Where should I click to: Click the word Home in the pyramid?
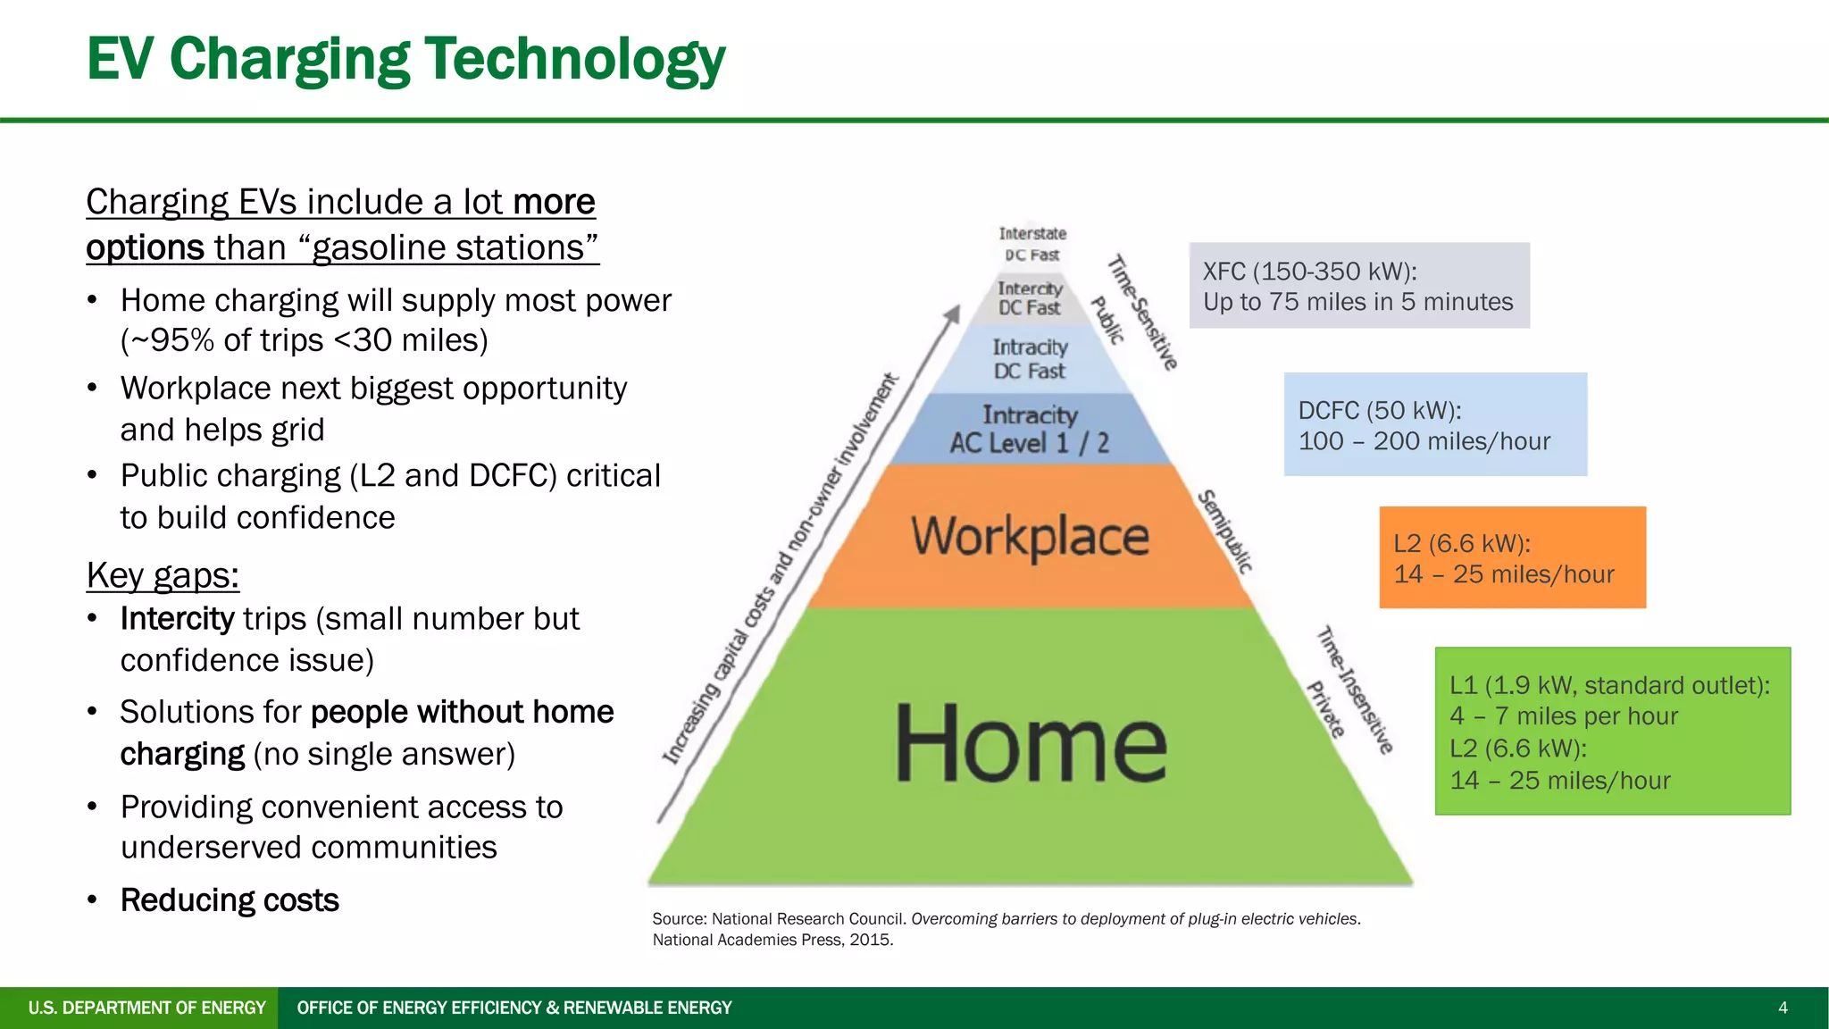pyautogui.click(x=1031, y=743)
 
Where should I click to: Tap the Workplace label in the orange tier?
pyautogui.click(x=1030, y=536)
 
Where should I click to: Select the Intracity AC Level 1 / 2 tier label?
pyautogui.click(x=1030, y=430)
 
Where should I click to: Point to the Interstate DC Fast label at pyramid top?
pyautogui.click(x=1032, y=244)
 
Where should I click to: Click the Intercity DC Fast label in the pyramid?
pyautogui.click(x=1030, y=298)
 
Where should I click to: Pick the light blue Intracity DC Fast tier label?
pyautogui.click(x=1030, y=359)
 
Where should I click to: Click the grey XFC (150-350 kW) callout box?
pyautogui.click(x=1358, y=286)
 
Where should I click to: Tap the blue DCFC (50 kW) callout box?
pyautogui.click(x=1434, y=424)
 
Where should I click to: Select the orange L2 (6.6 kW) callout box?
pyautogui.click(x=1512, y=558)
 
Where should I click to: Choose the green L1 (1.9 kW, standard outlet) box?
pyautogui.click(x=1612, y=732)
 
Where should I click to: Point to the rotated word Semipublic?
pyautogui.click(x=1225, y=531)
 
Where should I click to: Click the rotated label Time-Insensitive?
pyautogui.click(x=1356, y=690)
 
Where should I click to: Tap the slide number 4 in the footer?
pyautogui.click(x=1783, y=1008)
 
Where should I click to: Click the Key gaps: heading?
pyautogui.click(x=163, y=575)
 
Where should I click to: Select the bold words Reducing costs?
pyautogui.click(x=230, y=900)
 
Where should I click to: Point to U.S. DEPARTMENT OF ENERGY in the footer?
pyautogui.click(x=146, y=1008)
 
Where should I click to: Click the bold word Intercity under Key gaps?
pyautogui.click(x=177, y=619)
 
